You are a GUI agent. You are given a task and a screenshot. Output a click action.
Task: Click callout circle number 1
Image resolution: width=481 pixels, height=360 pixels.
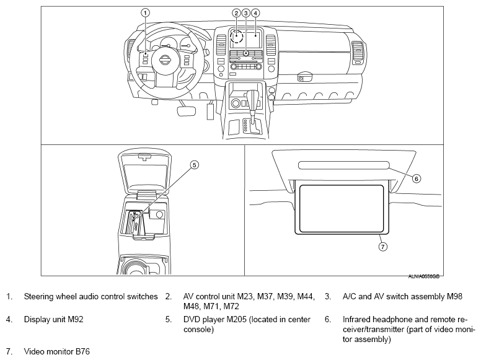click(x=145, y=12)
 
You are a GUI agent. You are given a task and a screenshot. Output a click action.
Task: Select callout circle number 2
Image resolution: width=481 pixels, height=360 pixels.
click(x=236, y=12)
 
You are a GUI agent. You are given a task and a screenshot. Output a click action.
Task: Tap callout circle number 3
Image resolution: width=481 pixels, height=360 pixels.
click(x=246, y=12)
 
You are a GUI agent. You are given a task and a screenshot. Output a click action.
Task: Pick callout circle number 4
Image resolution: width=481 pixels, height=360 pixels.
click(x=255, y=12)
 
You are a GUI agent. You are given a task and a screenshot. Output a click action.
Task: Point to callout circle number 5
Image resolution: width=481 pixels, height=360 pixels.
click(x=193, y=165)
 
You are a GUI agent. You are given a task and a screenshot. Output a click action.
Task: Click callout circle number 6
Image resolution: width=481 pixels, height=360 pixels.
click(x=417, y=178)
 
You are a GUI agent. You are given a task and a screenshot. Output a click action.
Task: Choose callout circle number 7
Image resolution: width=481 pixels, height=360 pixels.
click(x=382, y=246)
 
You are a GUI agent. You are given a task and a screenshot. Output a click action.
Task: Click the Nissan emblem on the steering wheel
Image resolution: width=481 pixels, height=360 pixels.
click(x=165, y=61)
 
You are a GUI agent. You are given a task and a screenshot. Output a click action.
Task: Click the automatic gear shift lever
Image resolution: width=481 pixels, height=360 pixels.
click(x=253, y=99)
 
